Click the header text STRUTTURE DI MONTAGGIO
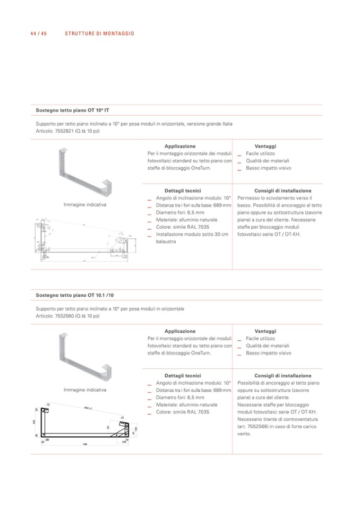(99, 33)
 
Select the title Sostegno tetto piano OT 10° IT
(72, 110)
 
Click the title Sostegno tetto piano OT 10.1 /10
(74, 295)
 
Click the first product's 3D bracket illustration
(84, 172)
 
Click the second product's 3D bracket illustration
(84, 358)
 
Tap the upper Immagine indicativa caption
(85, 204)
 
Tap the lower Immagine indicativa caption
(85, 390)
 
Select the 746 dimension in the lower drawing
(84, 445)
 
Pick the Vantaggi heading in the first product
(265, 146)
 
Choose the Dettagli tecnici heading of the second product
(183, 376)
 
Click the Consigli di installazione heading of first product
(282, 191)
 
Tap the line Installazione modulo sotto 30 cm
(192, 234)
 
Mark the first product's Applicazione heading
(180, 146)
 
